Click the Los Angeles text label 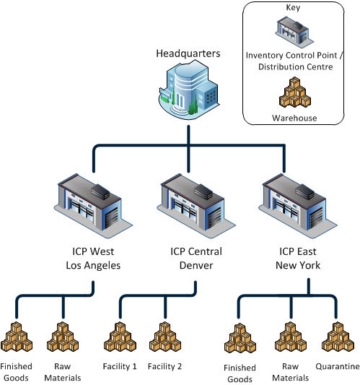(89, 264)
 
